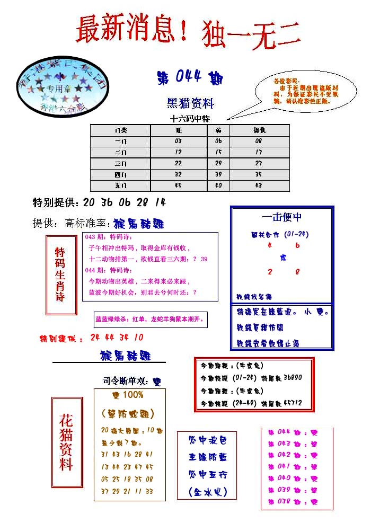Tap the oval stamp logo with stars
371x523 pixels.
62,88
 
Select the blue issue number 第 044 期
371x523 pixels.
190,78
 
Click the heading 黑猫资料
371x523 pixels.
190,103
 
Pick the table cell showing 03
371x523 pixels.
178,141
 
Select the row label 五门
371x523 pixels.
121,186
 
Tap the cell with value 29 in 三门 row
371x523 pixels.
218,164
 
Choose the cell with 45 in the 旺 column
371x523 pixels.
178,186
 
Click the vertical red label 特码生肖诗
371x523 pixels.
60,274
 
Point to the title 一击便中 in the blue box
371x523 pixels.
281,217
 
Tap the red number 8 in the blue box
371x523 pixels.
297,272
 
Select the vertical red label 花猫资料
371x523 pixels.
66,443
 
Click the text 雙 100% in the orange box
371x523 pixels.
128,395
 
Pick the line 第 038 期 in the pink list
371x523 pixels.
292,501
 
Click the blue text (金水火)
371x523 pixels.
207,492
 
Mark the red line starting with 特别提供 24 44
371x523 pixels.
91,338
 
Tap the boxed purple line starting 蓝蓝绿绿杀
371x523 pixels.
150,320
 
